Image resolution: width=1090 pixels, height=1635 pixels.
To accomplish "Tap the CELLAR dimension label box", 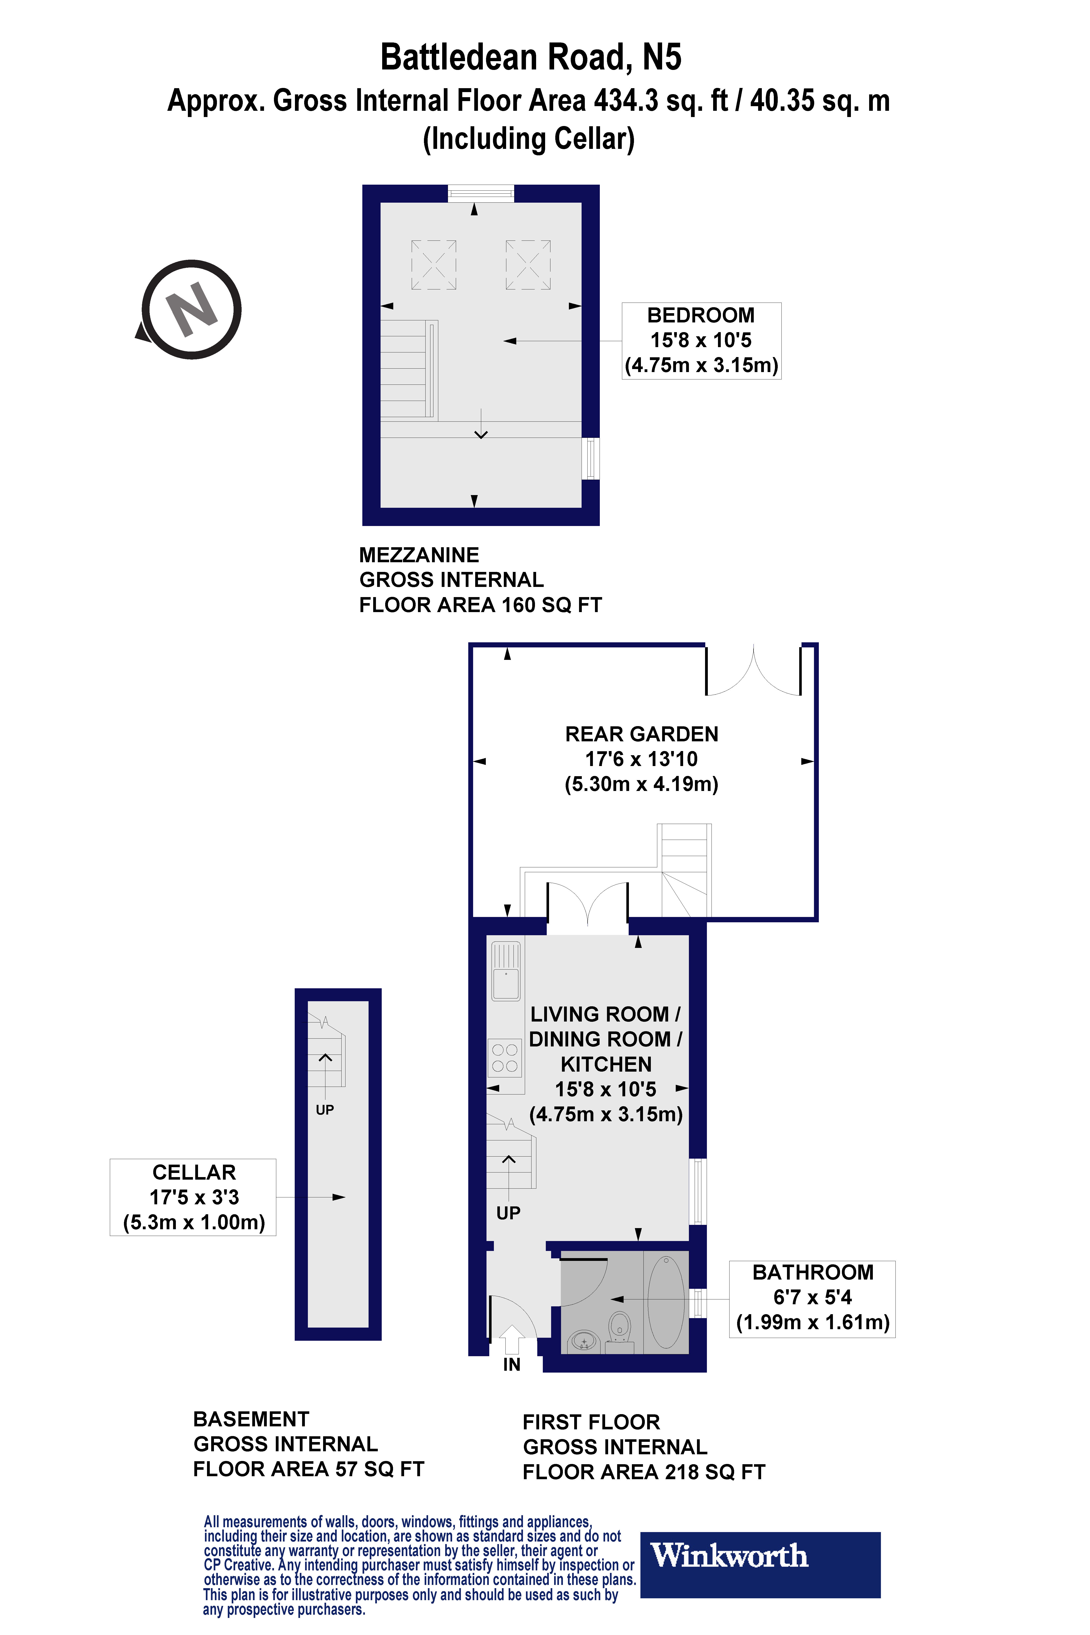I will click(193, 1197).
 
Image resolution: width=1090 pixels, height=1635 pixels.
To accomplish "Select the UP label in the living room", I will click(508, 1213).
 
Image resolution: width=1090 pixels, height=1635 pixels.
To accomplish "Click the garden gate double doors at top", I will click(754, 671).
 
